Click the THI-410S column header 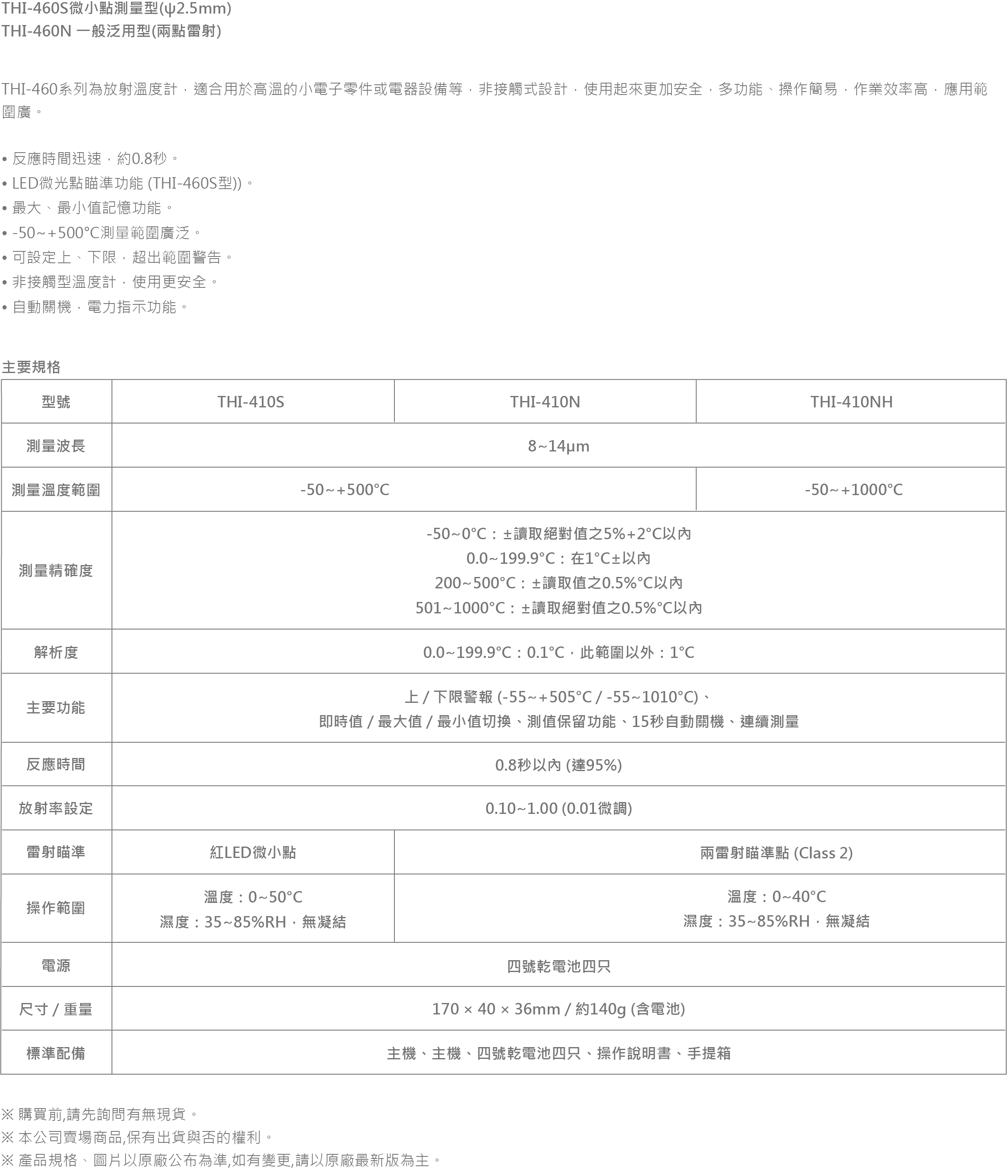[x=251, y=401]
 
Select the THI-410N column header [x=545, y=401]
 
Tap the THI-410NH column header [x=851, y=401]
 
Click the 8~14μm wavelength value [x=558, y=446]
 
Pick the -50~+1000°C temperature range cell [x=854, y=490]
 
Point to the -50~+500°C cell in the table [x=344, y=490]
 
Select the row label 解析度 [x=56, y=652]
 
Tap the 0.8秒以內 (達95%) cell [x=558, y=765]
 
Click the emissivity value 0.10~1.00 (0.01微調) [x=558, y=808]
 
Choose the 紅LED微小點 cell [x=253, y=852]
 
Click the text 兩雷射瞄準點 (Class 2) [x=776, y=852]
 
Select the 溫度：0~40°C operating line [x=776, y=896]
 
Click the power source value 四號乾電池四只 [x=558, y=966]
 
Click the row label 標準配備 [x=56, y=1053]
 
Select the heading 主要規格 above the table [x=31, y=367]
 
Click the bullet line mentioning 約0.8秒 [x=90, y=159]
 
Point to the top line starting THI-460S [x=116, y=8]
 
